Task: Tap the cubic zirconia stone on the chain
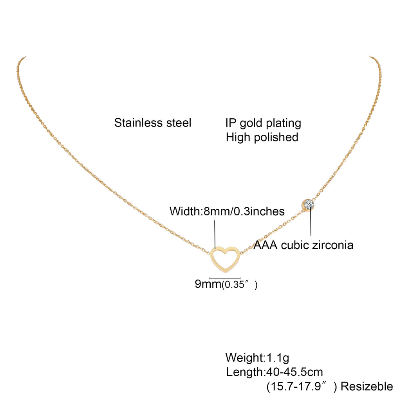[309, 204]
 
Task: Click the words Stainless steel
[153, 123]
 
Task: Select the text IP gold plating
[263, 123]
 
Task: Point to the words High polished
[262, 137]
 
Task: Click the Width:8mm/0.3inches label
[227, 211]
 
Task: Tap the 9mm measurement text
[208, 284]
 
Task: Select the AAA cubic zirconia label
[303, 245]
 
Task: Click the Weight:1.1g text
[257, 358]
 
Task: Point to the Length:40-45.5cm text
[275, 372]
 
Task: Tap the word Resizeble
[367, 387]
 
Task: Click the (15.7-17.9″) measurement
[301, 387]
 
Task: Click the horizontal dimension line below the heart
[225, 278]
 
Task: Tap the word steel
[176, 123]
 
